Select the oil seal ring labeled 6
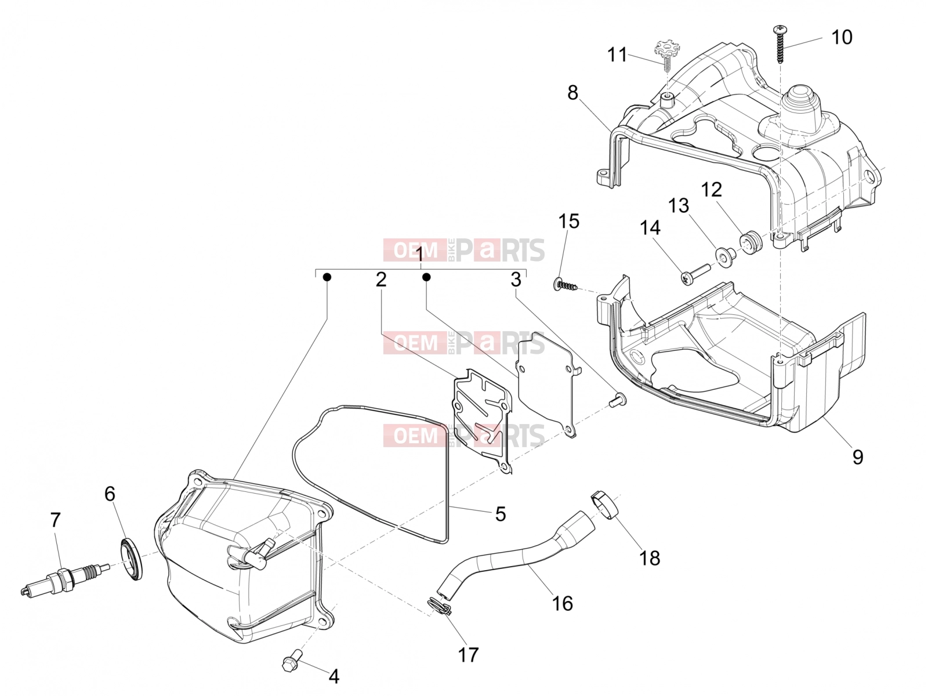point(132,559)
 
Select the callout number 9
point(857,457)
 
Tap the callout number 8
point(572,93)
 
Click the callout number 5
point(500,514)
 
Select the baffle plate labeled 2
point(483,420)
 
